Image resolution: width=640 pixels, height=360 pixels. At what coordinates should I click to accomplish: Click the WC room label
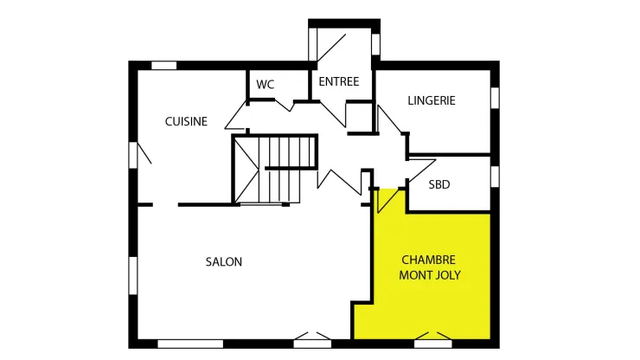[266, 85]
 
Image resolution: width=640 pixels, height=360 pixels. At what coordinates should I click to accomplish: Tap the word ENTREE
[339, 81]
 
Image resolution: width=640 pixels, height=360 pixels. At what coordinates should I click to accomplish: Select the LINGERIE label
[432, 100]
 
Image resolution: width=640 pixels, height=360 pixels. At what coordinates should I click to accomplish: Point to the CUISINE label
[186, 121]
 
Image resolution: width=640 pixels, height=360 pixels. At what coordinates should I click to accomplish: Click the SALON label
[224, 261]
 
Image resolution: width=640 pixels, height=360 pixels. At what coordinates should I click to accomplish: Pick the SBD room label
[439, 184]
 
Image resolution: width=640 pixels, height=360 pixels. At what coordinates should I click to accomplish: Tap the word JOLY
[447, 275]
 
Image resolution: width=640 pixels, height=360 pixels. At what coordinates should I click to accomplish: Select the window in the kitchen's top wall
[163, 66]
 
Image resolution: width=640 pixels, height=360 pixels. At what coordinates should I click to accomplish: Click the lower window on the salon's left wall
[133, 275]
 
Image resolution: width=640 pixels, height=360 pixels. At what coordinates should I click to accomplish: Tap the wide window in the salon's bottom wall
[190, 344]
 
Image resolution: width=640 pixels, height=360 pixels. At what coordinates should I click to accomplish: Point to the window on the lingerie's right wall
[495, 98]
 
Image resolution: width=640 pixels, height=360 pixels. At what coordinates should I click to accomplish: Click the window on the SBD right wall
[495, 177]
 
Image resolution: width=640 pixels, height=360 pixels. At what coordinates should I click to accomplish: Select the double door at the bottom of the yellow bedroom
[433, 339]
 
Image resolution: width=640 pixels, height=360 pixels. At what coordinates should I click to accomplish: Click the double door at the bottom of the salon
[312, 339]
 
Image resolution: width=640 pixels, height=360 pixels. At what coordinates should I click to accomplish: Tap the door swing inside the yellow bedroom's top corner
[387, 201]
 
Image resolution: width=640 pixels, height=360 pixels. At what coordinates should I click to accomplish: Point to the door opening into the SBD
[422, 170]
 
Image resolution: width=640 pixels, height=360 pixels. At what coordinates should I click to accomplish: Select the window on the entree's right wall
[375, 44]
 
